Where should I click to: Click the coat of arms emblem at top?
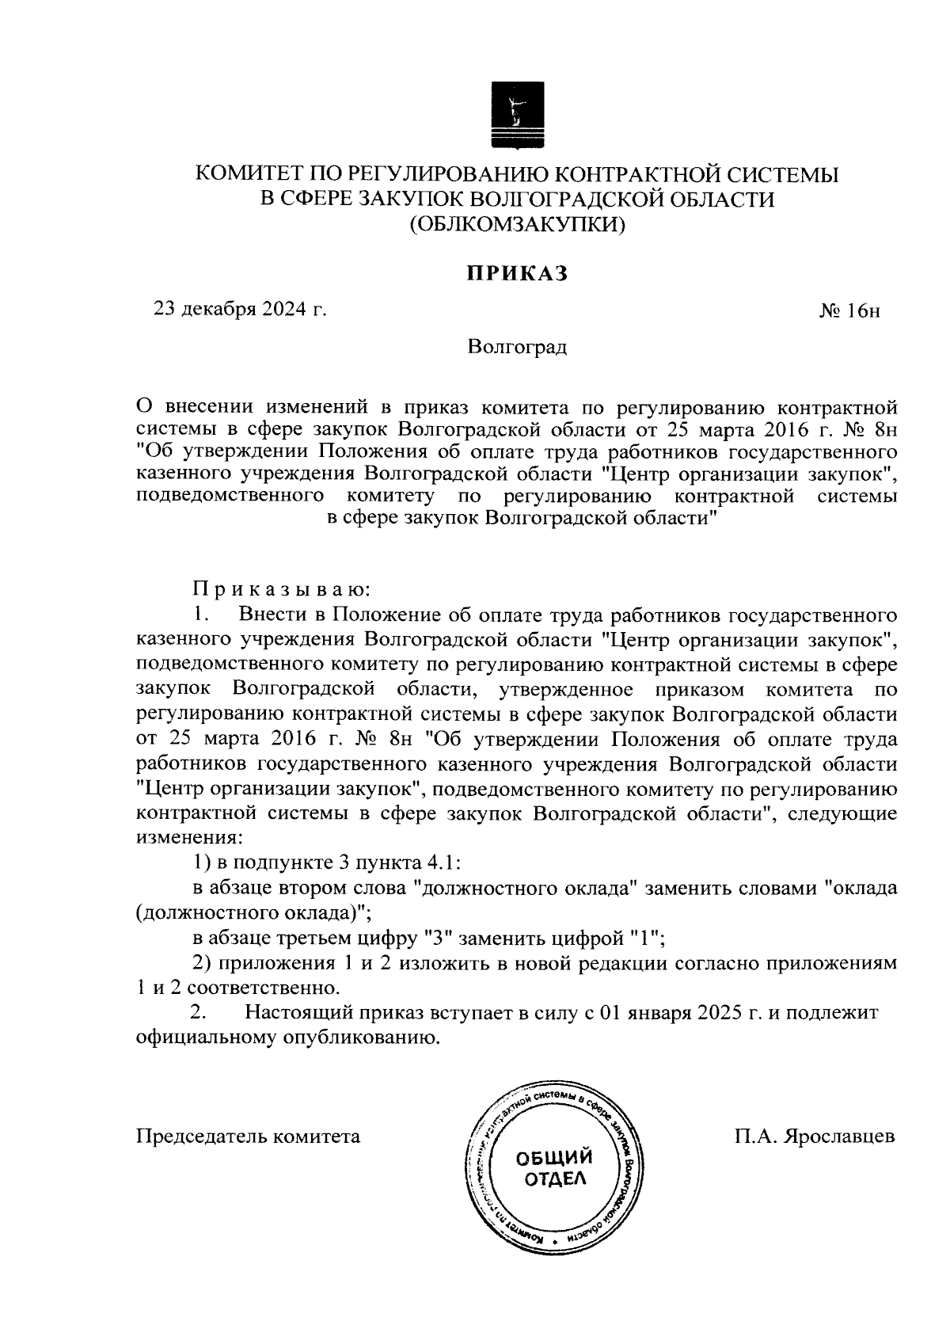tap(516, 115)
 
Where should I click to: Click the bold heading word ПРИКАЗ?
tap(517, 273)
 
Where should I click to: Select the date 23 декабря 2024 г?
tap(240, 310)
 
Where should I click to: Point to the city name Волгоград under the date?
tap(517, 347)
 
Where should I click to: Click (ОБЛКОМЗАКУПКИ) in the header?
tap(517, 224)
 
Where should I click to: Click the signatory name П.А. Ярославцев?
tap(815, 1136)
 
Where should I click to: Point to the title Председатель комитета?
tap(249, 1136)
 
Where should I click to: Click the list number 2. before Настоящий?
tap(199, 1014)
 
